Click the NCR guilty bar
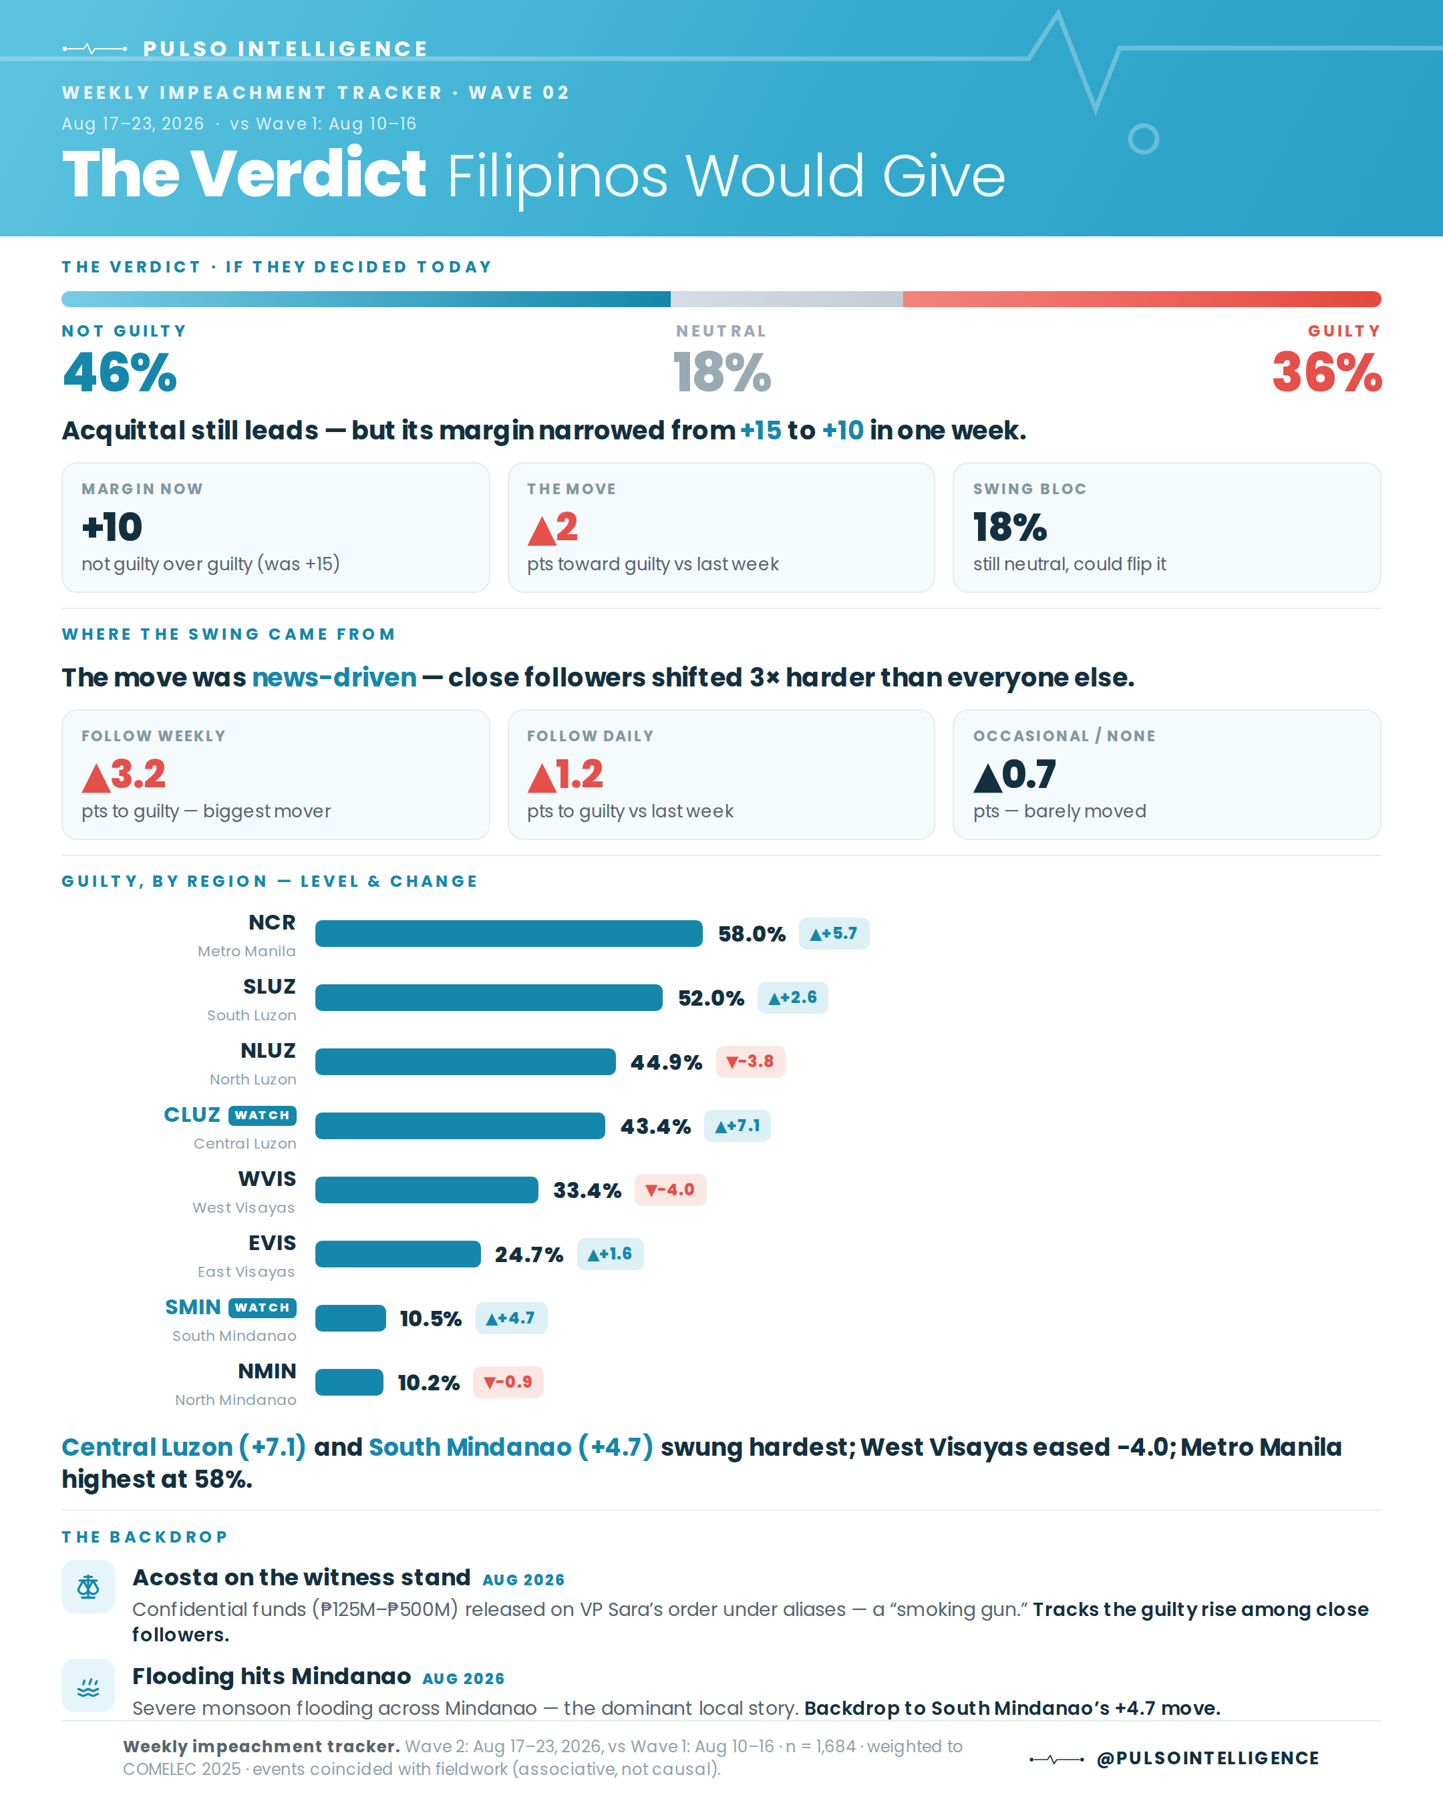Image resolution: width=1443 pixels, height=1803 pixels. [x=508, y=934]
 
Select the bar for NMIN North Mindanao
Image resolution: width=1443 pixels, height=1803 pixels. [x=349, y=1382]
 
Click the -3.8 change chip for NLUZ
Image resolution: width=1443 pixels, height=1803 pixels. [x=750, y=1062]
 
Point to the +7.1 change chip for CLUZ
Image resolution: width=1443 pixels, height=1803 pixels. [x=737, y=1126]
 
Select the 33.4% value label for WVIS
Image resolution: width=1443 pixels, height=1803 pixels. [x=587, y=1191]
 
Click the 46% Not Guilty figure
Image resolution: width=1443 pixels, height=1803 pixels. [x=120, y=372]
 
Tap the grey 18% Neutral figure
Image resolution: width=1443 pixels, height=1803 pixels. [x=722, y=372]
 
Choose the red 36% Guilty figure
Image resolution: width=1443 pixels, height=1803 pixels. [x=1327, y=372]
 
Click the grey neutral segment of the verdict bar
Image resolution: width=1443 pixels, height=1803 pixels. [x=786, y=299]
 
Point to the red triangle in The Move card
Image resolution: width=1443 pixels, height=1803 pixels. [x=541, y=530]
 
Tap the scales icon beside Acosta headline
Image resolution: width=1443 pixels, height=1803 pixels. [x=88, y=1587]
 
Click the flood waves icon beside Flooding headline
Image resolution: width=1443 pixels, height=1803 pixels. [x=88, y=1685]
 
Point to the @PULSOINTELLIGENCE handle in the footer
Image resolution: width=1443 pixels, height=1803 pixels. [x=1208, y=1759]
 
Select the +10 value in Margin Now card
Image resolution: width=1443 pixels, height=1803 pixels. [x=112, y=527]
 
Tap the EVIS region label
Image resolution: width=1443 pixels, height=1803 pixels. [x=272, y=1243]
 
